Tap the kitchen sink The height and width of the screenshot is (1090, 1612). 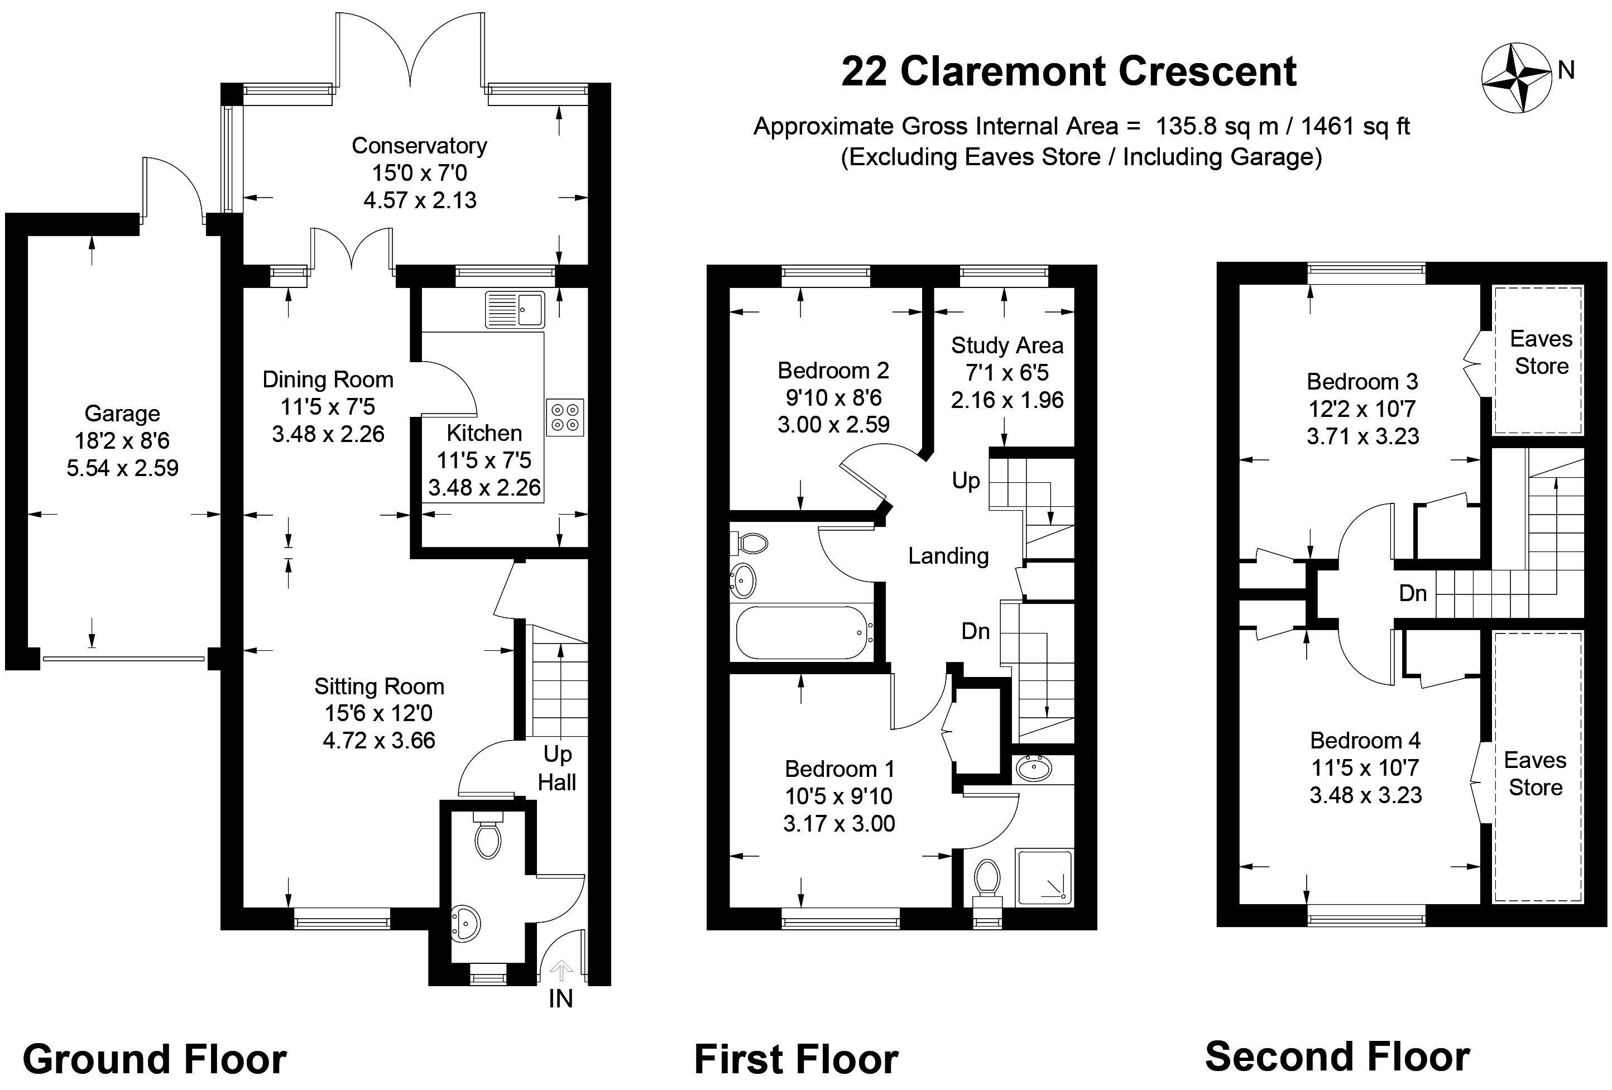515,309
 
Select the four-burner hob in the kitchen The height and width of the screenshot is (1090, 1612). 565,417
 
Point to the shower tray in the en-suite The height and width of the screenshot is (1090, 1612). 1044,877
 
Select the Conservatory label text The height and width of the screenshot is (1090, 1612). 419,146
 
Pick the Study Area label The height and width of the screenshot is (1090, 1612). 1006,345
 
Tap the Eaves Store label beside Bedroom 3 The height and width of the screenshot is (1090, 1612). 1541,352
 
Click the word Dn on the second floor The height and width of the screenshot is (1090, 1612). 1412,593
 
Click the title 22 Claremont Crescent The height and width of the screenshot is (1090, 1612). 1068,71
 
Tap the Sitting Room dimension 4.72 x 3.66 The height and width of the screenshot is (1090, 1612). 379,741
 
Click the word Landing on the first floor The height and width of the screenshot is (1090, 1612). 948,555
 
